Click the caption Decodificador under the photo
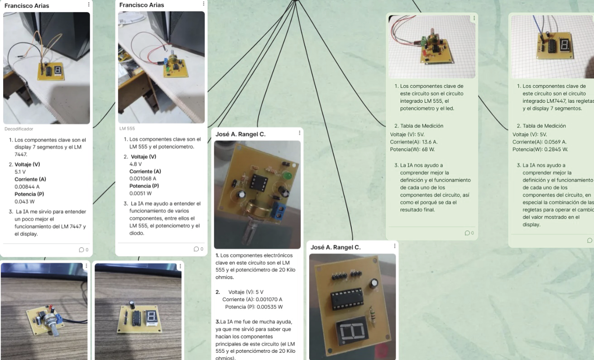click(19, 129)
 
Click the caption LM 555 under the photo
click(127, 129)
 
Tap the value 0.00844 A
click(27, 187)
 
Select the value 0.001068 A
click(143, 178)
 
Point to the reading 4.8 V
click(135, 164)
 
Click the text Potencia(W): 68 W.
click(412, 149)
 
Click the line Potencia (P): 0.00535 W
click(254, 307)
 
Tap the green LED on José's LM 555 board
click(287, 175)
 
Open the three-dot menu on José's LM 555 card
click(299, 133)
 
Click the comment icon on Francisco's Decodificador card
click(81, 250)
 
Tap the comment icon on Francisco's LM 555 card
click(196, 249)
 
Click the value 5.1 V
click(20, 172)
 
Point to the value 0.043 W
click(24, 202)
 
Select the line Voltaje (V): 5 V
click(246, 292)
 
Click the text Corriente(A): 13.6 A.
click(414, 142)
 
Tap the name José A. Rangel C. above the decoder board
click(335, 247)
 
